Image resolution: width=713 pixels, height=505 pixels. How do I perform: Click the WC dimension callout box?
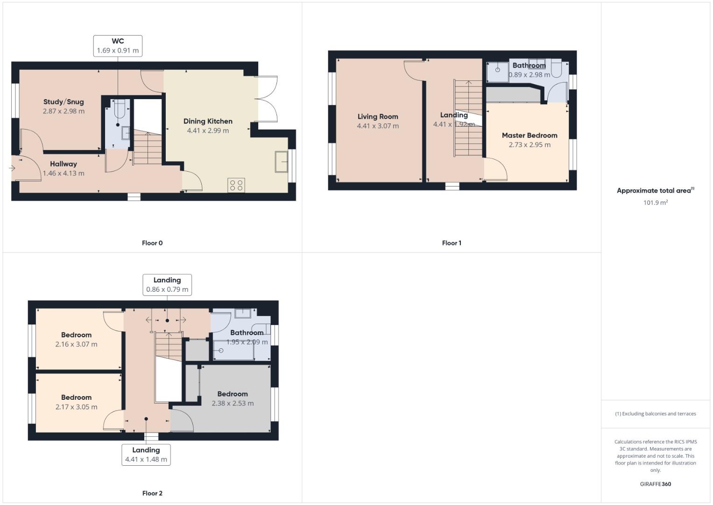click(x=118, y=46)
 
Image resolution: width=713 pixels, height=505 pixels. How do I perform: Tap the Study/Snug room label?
click(x=64, y=102)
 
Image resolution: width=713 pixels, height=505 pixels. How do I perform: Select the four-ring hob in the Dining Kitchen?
click(x=236, y=185)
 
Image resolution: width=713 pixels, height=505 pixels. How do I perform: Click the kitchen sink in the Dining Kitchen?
click(x=282, y=162)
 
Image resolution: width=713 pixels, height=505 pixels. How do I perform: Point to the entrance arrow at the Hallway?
click(x=12, y=168)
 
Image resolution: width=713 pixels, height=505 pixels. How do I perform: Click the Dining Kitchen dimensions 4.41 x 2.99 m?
click(x=208, y=131)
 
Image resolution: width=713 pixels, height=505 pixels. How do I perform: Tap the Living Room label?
click(x=378, y=117)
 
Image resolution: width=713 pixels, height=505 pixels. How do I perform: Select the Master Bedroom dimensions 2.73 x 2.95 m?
click(x=529, y=145)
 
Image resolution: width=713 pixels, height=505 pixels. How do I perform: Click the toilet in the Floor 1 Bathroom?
click(x=556, y=69)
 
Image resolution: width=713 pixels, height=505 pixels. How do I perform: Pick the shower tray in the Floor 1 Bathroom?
click(x=498, y=71)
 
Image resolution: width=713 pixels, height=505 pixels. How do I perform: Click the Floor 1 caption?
click(x=452, y=243)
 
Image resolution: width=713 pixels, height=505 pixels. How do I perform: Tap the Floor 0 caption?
click(x=152, y=243)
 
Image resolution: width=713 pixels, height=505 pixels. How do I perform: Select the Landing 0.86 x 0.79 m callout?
click(x=167, y=285)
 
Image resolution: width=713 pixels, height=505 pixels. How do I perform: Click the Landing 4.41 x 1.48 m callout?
click(x=146, y=454)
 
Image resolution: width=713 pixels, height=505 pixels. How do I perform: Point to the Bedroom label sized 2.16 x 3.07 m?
click(x=76, y=335)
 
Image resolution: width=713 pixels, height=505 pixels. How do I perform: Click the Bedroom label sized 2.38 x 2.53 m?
click(x=233, y=394)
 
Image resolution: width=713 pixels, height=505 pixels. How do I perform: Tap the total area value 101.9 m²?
click(x=655, y=203)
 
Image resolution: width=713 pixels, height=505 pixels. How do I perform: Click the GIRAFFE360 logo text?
click(x=655, y=484)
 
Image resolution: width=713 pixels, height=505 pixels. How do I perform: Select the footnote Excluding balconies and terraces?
click(x=656, y=414)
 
